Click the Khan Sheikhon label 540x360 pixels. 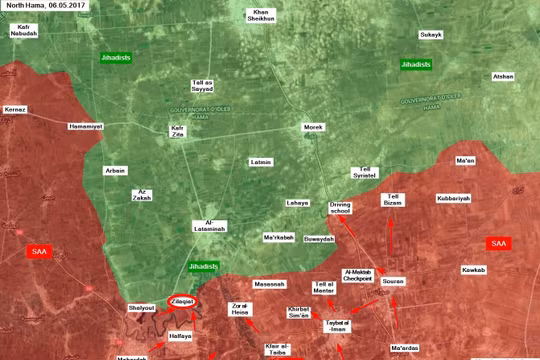coord(261,16)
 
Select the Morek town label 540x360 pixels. coord(314,127)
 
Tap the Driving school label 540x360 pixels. coord(340,208)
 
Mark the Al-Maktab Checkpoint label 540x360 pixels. coord(357,276)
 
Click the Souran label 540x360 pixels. coord(393,281)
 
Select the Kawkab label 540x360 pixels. coord(473,269)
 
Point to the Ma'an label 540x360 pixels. coord(465,160)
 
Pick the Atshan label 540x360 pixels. coord(502,76)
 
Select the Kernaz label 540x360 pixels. coord(15,107)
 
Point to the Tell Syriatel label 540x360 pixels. coord(367,173)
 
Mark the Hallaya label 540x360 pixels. coord(179,336)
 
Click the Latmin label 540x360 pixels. coord(261,161)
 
